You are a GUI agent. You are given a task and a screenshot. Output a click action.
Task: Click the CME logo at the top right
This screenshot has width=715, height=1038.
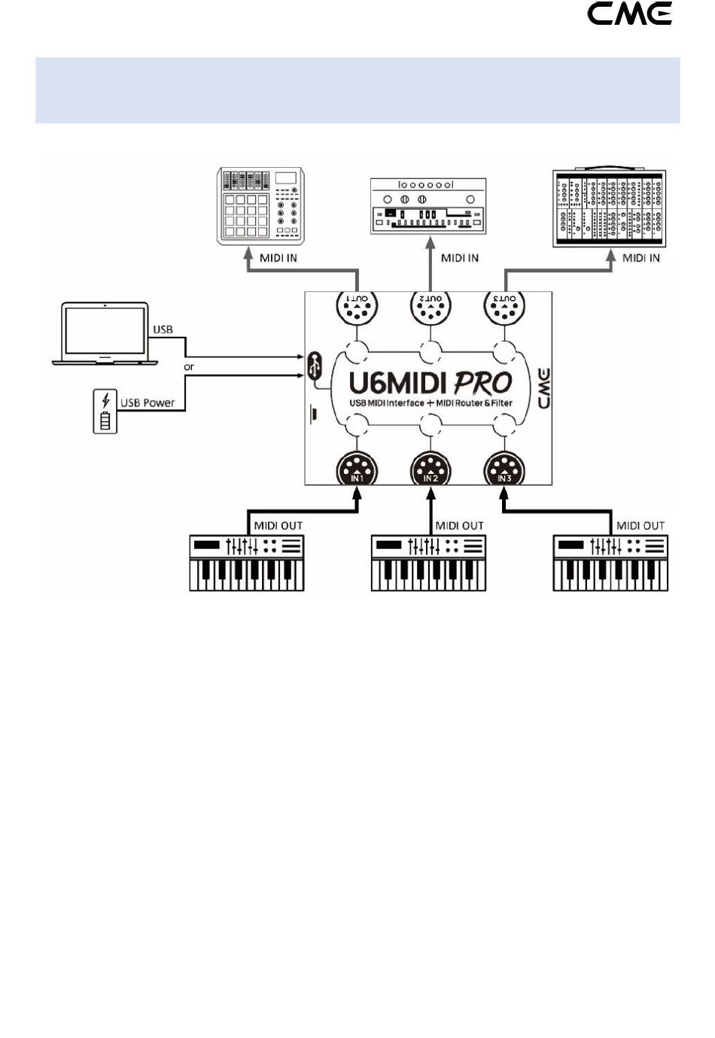(x=629, y=14)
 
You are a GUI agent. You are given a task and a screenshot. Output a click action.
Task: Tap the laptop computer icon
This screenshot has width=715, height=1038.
(x=105, y=334)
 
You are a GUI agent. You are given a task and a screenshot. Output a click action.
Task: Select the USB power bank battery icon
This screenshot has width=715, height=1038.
(x=105, y=411)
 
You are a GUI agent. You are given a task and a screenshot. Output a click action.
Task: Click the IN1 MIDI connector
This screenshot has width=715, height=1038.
(x=357, y=469)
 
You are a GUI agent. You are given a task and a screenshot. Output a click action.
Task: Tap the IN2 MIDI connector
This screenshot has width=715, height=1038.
(x=431, y=469)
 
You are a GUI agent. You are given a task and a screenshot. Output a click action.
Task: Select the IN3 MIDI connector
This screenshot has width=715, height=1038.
(x=504, y=469)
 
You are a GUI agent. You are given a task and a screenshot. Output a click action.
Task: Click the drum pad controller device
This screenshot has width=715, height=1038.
(x=260, y=205)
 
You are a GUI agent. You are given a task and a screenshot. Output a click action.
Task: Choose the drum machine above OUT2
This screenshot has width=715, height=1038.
(x=428, y=206)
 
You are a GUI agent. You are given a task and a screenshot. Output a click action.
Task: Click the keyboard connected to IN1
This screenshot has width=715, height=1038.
(x=247, y=563)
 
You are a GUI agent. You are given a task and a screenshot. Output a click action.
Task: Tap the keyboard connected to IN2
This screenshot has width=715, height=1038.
(x=428, y=563)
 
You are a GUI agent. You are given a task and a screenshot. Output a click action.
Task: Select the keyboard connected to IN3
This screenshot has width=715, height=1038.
(x=610, y=563)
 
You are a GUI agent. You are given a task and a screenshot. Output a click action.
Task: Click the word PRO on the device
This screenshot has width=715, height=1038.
(x=482, y=383)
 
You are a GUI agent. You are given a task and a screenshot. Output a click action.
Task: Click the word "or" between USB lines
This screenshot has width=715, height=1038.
(x=189, y=367)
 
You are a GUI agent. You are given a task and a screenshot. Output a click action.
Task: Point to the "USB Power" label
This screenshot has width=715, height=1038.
(x=148, y=402)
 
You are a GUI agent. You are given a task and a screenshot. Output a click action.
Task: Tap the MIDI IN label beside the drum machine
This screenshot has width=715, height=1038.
(x=460, y=258)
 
